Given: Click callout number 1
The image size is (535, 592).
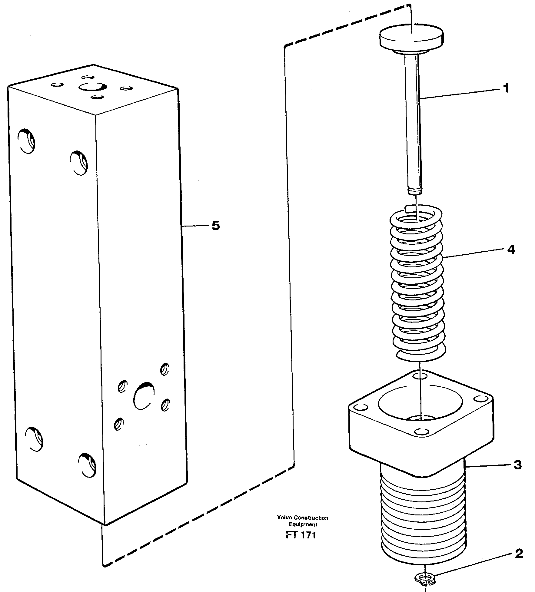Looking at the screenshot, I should point(506,89).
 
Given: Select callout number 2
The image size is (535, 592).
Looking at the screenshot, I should point(519,554).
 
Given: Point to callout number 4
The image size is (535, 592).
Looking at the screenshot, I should point(511,250).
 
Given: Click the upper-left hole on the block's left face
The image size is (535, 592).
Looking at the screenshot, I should point(27,141).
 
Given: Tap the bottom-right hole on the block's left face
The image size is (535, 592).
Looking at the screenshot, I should point(87,465).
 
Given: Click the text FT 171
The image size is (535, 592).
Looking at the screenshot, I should point(301,535).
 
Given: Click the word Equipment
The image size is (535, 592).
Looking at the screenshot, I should point(303,524).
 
